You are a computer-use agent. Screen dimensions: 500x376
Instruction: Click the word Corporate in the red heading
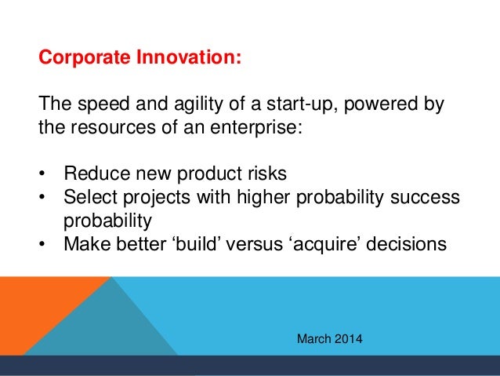85,57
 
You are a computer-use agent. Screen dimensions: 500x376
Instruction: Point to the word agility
198,104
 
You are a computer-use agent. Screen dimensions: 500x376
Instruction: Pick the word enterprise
256,128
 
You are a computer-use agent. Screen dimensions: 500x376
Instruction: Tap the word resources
113,127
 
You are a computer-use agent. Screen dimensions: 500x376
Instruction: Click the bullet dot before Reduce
42,174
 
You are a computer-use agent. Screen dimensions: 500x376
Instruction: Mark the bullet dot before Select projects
42,198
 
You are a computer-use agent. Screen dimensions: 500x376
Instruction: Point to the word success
425,198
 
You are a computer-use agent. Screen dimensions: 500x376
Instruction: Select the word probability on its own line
108,221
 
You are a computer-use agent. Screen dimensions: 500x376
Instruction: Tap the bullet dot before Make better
42,244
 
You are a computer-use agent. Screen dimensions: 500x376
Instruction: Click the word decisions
406,244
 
